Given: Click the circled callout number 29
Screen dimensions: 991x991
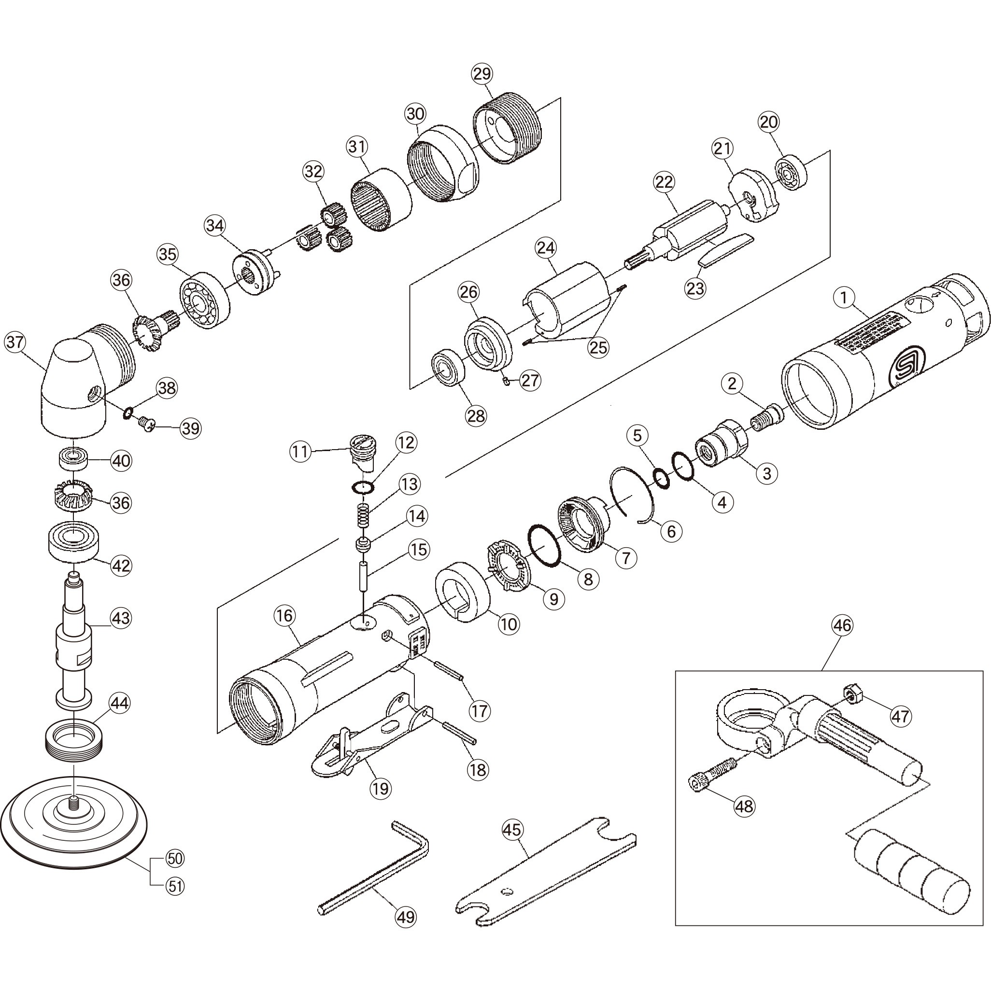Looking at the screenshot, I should pyautogui.click(x=481, y=74).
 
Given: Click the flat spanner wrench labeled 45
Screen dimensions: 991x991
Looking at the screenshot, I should pyautogui.click(x=544, y=872).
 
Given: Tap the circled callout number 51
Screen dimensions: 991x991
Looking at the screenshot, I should pyautogui.click(x=175, y=885).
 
